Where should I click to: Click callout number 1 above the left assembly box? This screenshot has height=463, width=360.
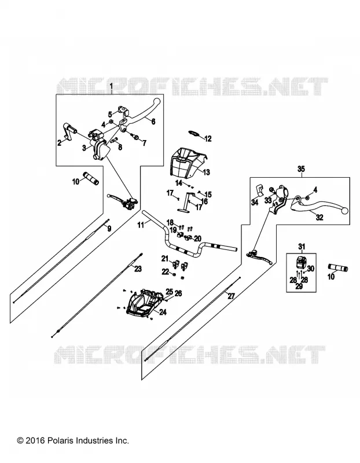111,86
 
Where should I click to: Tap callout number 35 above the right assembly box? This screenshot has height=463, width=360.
300,169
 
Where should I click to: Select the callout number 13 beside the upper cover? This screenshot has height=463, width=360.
206,172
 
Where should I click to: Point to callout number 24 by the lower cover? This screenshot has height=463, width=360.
163,312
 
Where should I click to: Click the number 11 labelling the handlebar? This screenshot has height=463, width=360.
141,225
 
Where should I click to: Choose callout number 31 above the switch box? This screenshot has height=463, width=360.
301,247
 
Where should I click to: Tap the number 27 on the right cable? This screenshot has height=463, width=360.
231,296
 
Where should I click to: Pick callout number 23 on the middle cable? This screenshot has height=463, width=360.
138,269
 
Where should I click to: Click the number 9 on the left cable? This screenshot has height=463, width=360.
109,229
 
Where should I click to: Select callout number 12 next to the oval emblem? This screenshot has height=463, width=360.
208,138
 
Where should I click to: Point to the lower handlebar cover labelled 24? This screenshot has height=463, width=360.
144,302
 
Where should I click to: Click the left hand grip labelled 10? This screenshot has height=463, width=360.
92,178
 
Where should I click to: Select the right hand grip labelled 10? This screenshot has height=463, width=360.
338,267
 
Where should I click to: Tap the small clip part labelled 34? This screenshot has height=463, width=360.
259,190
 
